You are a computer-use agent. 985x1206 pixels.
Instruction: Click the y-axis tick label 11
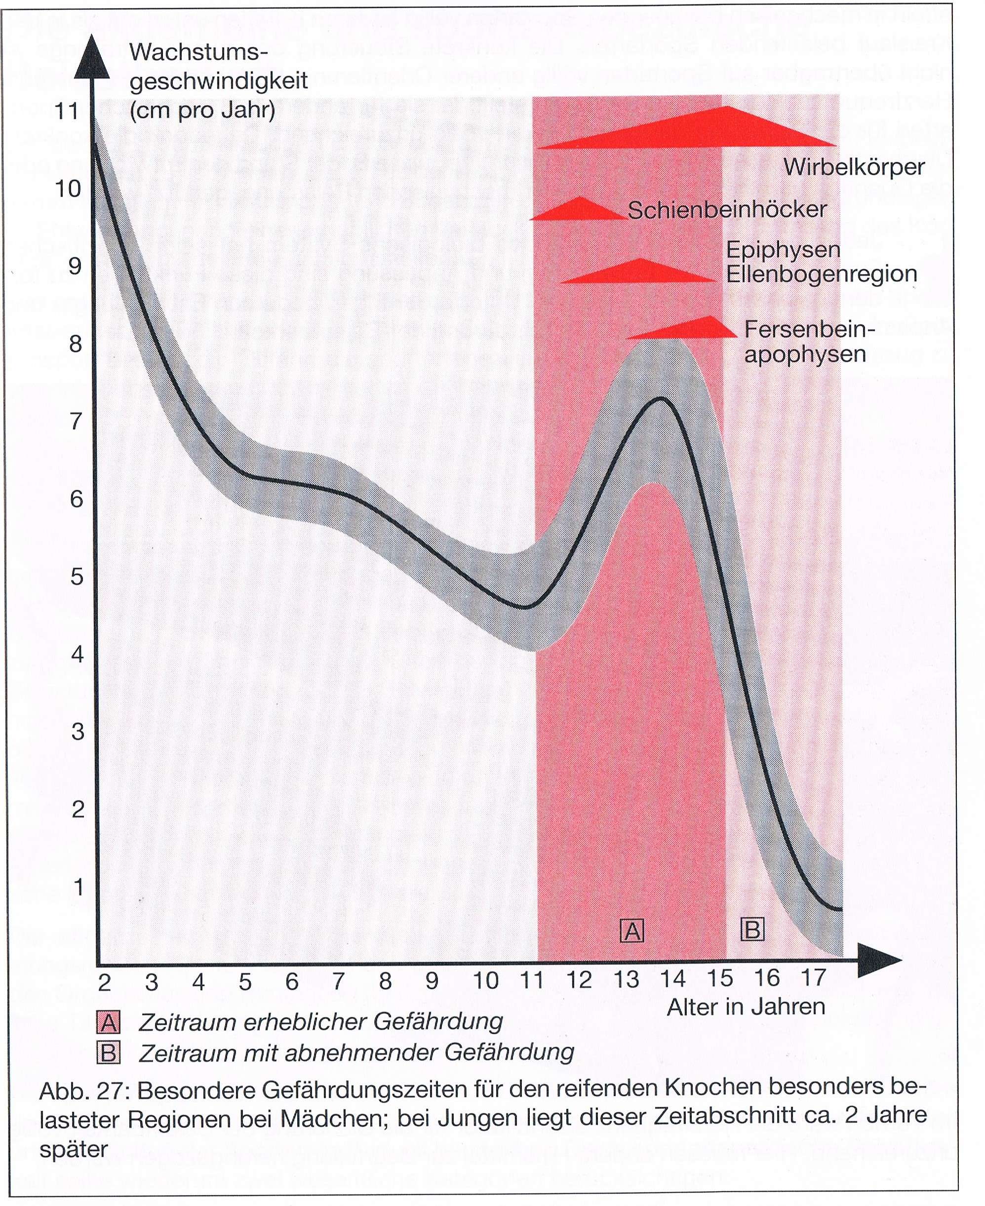[x=66, y=111]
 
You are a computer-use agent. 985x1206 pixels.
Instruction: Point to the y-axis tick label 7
[x=76, y=422]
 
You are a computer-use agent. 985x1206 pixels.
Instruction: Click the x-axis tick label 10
[x=485, y=981]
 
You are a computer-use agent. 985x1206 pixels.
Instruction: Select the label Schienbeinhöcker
[x=726, y=210]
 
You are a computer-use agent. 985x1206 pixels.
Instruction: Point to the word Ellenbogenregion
[x=821, y=274]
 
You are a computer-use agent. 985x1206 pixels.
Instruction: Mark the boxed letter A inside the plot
[x=632, y=931]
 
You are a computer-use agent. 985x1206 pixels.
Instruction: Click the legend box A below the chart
[x=108, y=1022]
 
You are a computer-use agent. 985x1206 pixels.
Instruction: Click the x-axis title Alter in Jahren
[x=746, y=1008]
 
